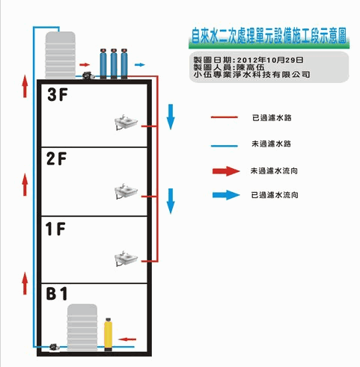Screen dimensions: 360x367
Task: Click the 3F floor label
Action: (58, 95)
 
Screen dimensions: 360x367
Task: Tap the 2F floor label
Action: (57, 158)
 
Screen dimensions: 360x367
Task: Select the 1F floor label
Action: (55, 229)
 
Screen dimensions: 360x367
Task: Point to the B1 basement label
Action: (57, 293)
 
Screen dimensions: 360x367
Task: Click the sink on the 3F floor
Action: (126, 122)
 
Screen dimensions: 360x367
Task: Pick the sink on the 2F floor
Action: (126, 191)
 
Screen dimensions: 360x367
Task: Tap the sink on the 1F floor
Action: (126, 259)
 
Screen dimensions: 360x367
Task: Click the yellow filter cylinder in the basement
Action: (109, 334)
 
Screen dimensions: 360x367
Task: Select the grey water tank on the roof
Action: (60, 55)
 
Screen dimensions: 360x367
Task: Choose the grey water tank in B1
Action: (82, 327)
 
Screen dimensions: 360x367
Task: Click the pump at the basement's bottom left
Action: (54, 348)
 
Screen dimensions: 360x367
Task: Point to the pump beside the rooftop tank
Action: (88, 75)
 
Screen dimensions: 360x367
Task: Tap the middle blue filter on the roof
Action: (114, 64)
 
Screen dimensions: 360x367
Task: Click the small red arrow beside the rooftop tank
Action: (85, 65)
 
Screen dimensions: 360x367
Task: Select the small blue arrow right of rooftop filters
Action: (140, 65)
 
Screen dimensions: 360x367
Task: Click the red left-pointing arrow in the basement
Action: (127, 339)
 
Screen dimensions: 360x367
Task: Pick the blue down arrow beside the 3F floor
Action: (171, 117)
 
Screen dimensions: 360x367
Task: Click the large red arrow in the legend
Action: (226, 171)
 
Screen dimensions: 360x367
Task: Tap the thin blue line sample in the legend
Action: (225, 146)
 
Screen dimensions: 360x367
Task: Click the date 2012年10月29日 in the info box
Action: (270, 60)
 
